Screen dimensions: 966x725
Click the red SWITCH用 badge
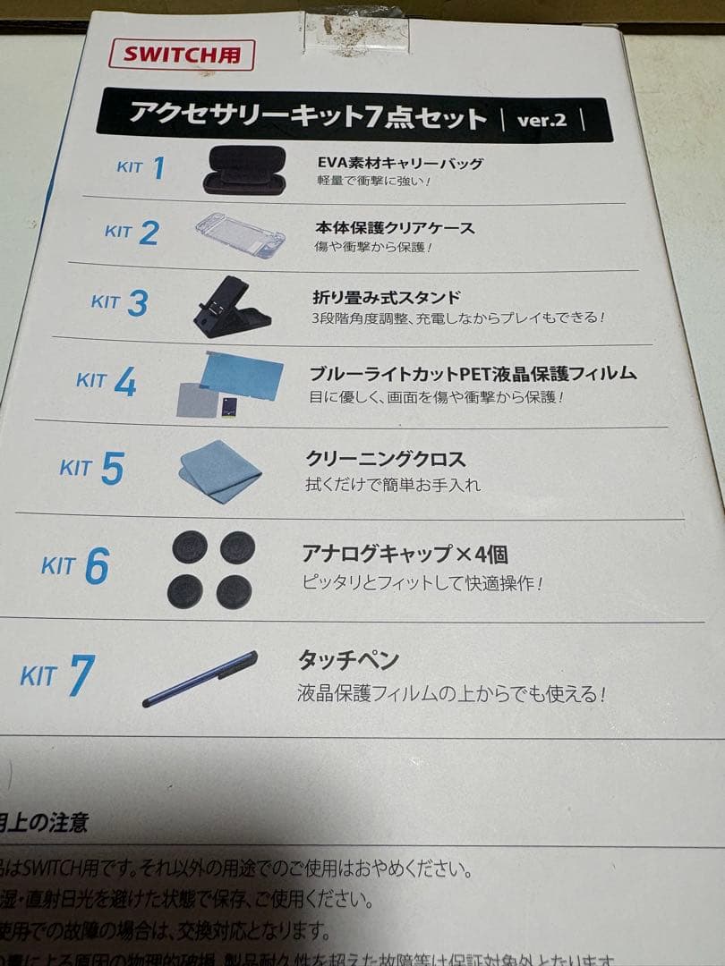(x=182, y=55)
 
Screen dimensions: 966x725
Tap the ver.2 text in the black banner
(x=542, y=120)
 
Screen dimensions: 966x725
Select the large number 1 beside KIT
(x=158, y=167)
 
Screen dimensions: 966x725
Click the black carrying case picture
(x=244, y=170)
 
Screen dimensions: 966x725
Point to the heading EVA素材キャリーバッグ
(x=400, y=164)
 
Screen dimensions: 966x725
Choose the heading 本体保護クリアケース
(x=395, y=228)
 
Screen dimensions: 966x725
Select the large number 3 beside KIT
(x=137, y=303)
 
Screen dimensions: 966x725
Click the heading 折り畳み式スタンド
(x=386, y=297)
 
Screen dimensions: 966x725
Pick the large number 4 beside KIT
(x=124, y=383)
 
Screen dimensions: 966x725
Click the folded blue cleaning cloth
(x=220, y=470)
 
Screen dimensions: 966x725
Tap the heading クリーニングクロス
(x=386, y=459)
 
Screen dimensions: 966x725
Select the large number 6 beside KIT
(x=97, y=566)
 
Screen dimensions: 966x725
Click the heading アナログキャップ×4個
(x=405, y=555)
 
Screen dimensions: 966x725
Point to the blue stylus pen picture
(x=200, y=678)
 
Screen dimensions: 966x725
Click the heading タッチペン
(x=348, y=661)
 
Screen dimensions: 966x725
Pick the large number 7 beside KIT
(x=81, y=676)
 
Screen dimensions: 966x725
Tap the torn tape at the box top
(x=355, y=34)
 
